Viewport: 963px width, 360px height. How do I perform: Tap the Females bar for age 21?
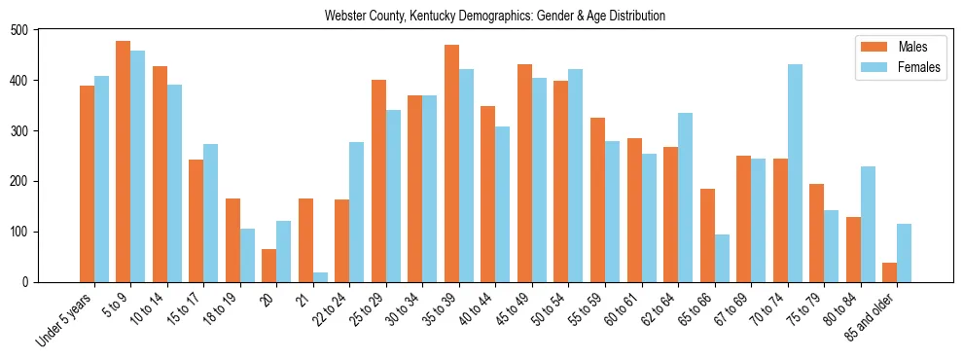(x=320, y=277)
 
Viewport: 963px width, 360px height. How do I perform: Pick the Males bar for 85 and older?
(x=889, y=272)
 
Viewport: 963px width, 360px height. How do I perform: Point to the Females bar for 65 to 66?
(x=722, y=258)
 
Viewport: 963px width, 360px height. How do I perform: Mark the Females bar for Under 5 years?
(x=101, y=179)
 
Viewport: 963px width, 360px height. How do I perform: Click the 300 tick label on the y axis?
(x=19, y=131)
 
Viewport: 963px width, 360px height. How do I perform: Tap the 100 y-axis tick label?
(x=19, y=233)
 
